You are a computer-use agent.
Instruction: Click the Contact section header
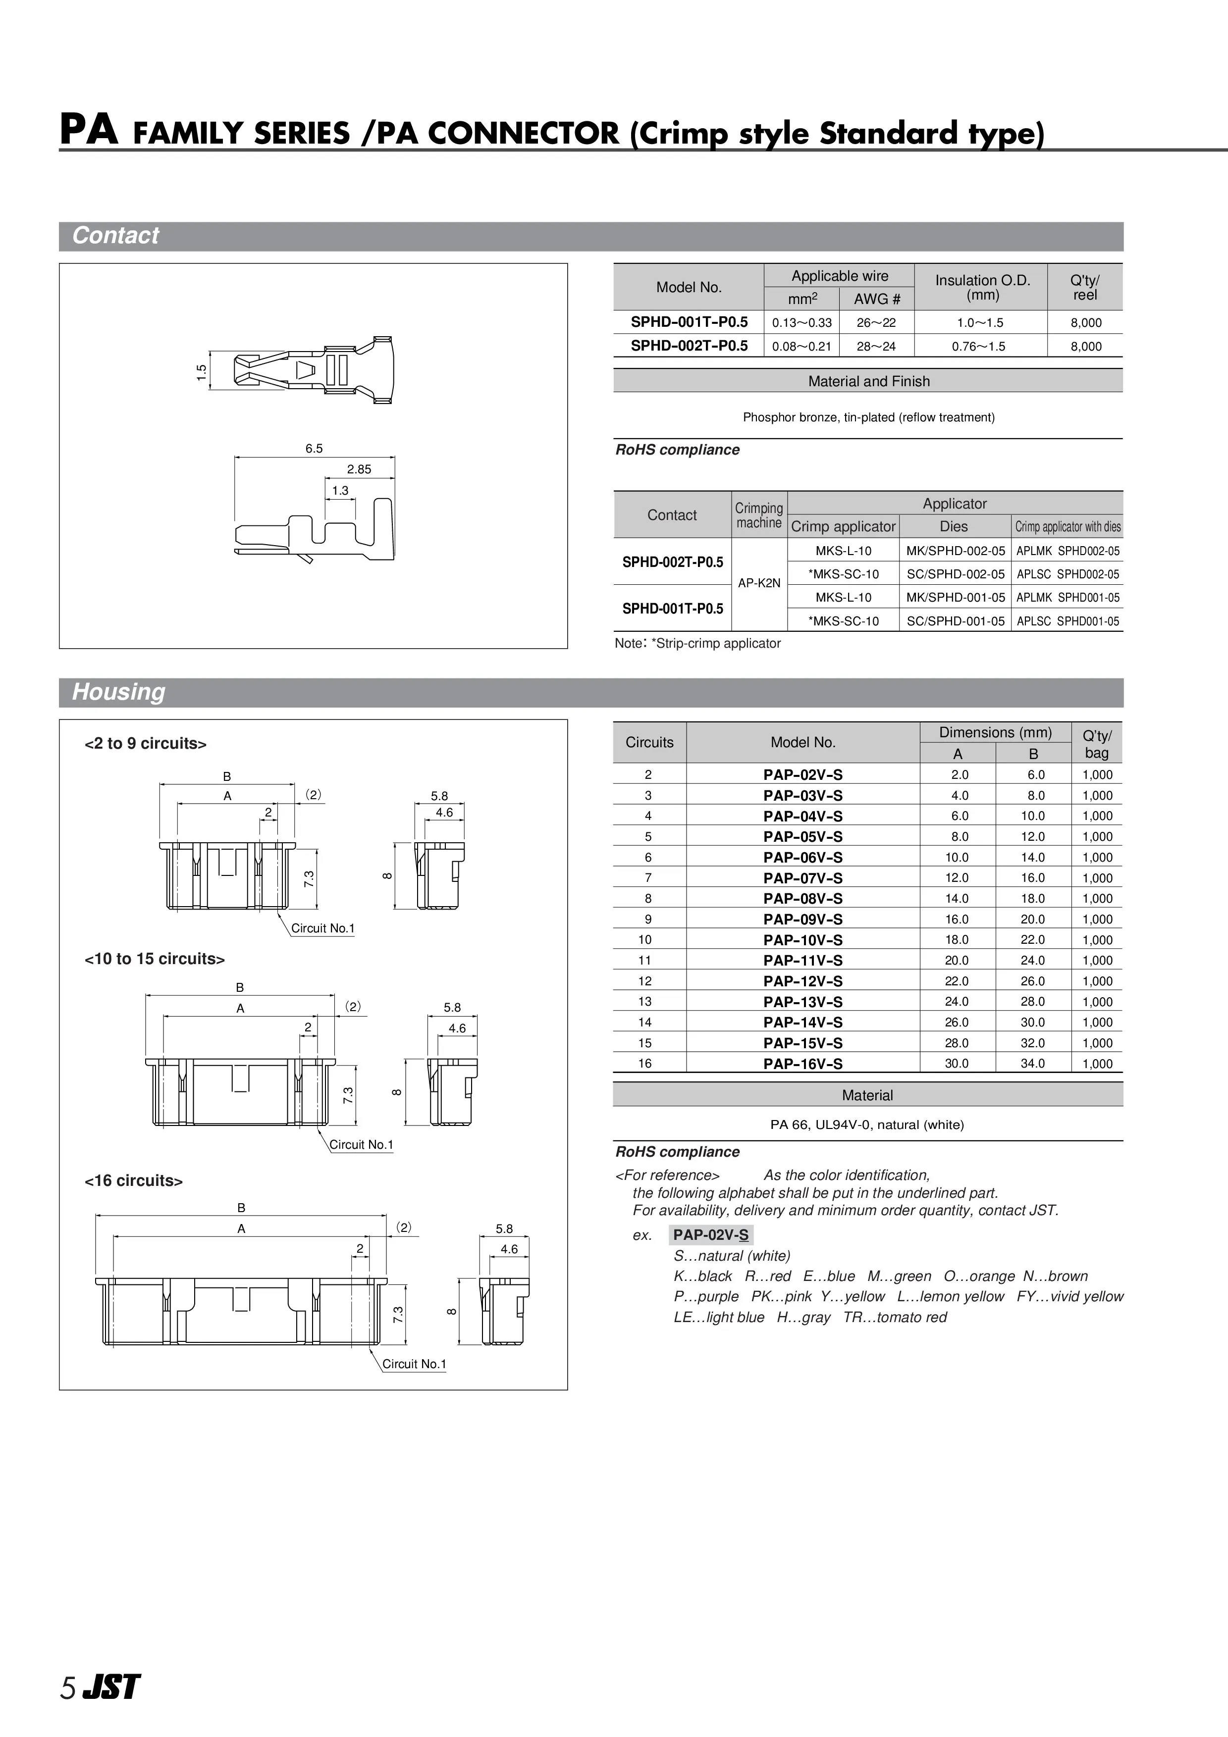(116, 236)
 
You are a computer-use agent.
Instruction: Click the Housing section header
(119, 692)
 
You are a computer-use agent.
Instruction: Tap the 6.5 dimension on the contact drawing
(314, 449)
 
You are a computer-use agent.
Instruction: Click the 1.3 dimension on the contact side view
(340, 490)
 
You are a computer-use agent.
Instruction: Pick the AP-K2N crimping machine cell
(759, 583)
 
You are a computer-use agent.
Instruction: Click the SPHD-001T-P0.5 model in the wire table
(689, 322)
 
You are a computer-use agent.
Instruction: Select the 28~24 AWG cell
(876, 347)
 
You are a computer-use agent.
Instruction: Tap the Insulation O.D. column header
(982, 288)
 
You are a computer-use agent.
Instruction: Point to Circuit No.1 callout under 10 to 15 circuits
(361, 1145)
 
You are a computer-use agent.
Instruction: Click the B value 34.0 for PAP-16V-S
(1033, 1064)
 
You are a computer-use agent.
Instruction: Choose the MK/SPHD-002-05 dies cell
(955, 551)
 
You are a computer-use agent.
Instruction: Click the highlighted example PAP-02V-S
(710, 1235)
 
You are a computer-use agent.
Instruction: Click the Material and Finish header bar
(868, 381)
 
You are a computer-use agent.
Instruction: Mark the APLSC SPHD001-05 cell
(1068, 621)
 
